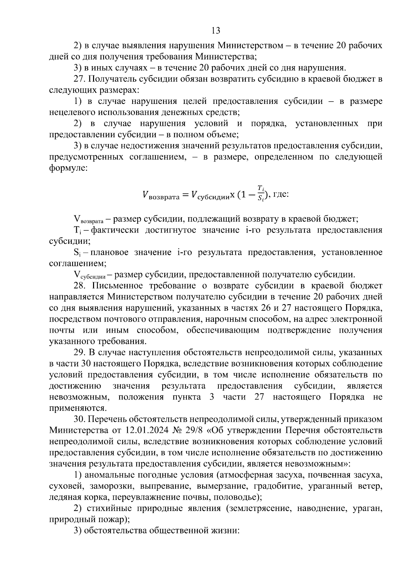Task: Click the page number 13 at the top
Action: click(216, 31)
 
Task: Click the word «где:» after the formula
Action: click(281, 194)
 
